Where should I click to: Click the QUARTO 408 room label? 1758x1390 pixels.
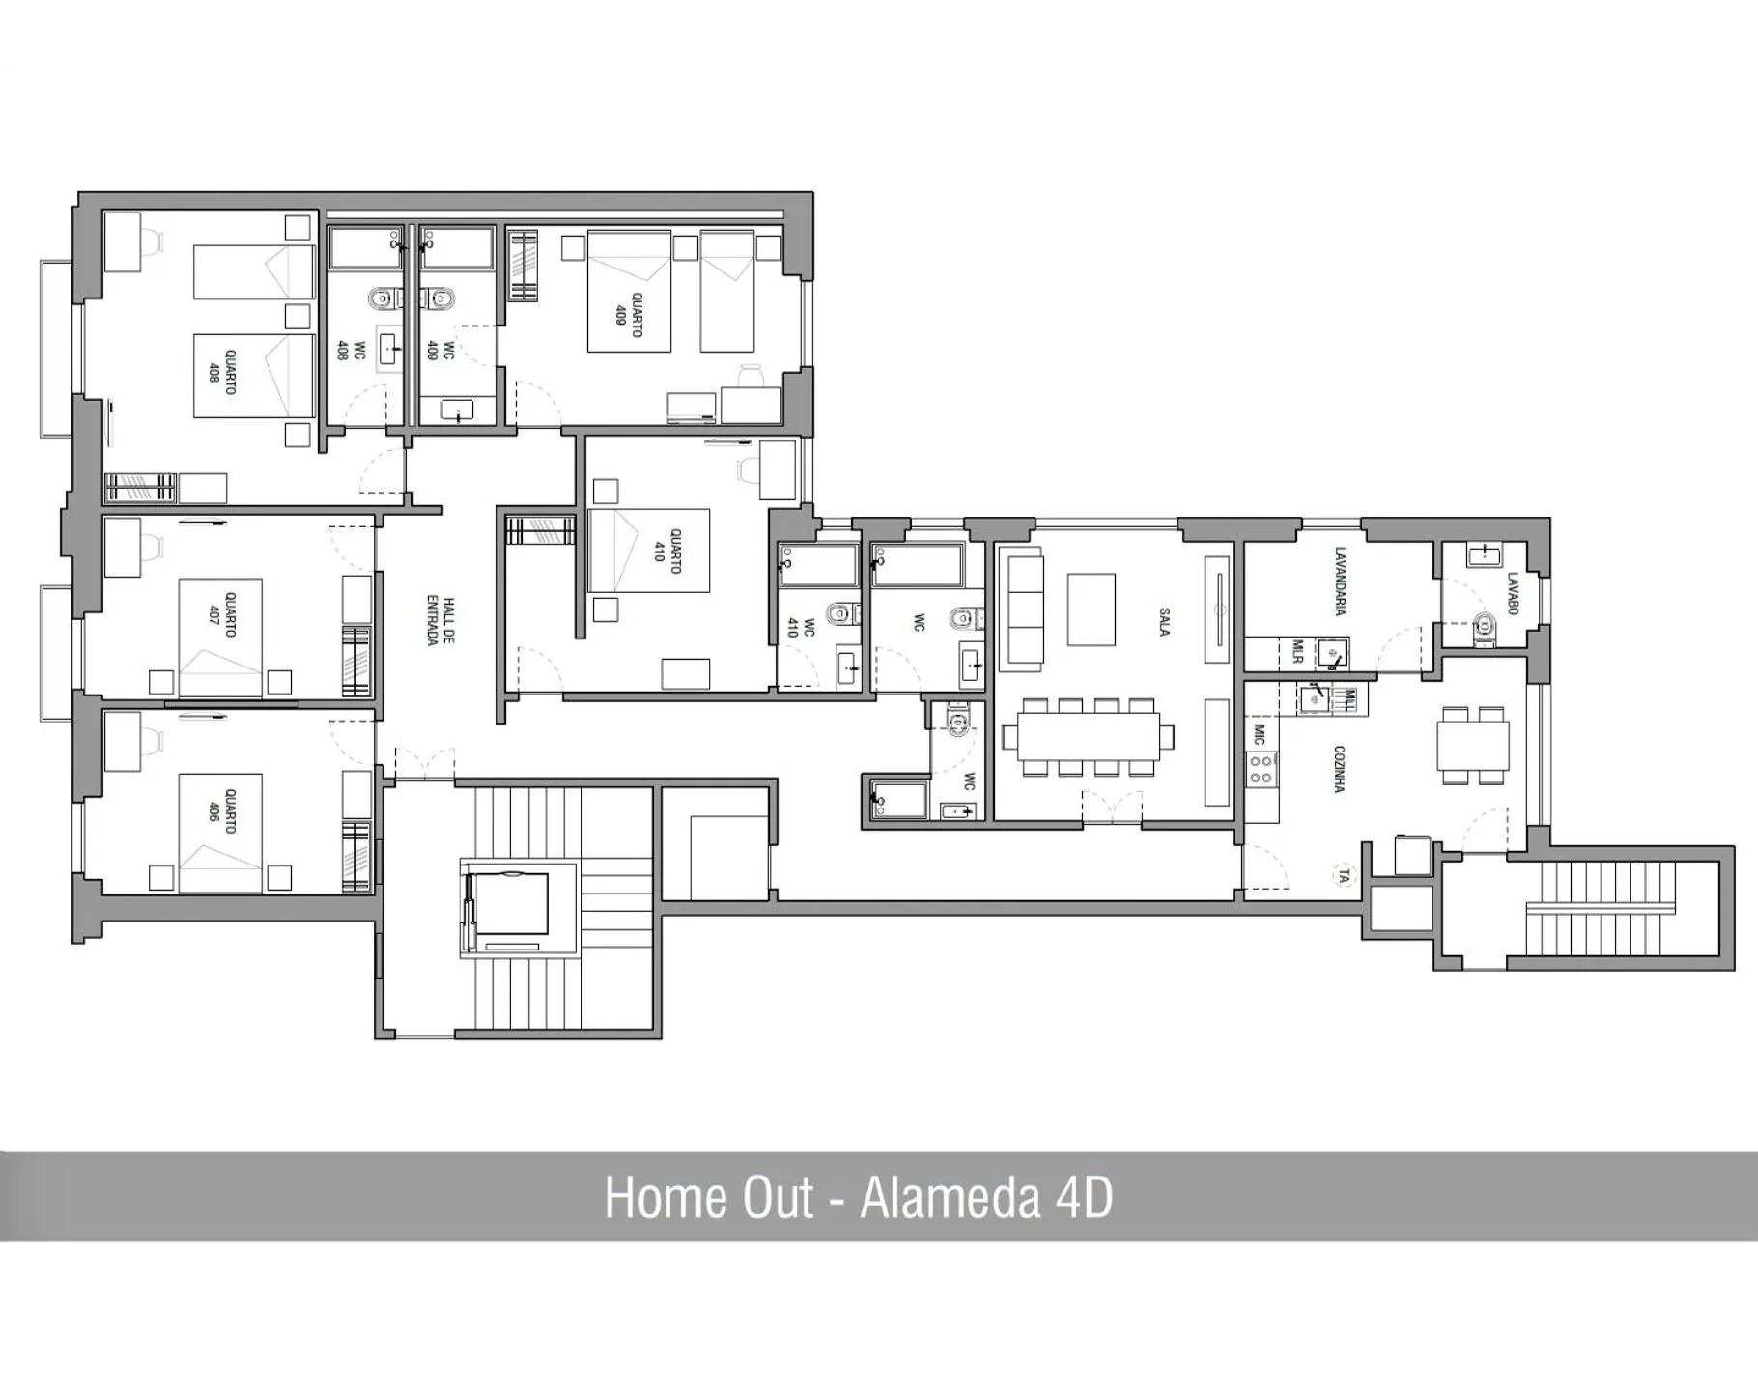tap(220, 372)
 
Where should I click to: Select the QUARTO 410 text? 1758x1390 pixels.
tap(667, 551)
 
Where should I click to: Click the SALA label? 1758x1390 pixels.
tap(1165, 621)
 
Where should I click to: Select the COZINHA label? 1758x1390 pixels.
tap(1339, 769)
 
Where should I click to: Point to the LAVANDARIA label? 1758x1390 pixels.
tap(1340, 581)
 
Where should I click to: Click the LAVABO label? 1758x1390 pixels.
tap(1513, 593)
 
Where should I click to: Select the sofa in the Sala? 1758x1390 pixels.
tap(1021, 610)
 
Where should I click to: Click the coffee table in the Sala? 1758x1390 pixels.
tap(1092, 610)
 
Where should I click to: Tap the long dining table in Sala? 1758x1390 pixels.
tap(1088, 737)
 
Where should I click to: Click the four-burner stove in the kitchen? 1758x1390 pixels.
tap(1262, 768)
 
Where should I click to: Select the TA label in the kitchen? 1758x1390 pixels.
tap(1344, 876)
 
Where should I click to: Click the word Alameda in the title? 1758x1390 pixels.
tap(950, 1198)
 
